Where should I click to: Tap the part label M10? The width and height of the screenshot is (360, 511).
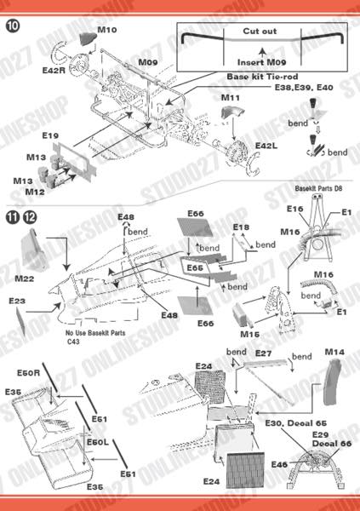pos(106,30)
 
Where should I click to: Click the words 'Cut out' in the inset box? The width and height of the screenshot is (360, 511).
pos(260,31)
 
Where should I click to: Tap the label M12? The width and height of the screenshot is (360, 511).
pos(35,192)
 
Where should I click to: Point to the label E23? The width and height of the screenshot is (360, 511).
pos(18,301)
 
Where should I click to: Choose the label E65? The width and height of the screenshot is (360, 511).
pos(196,268)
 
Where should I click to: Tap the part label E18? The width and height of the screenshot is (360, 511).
pos(241,227)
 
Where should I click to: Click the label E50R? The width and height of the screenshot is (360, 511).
pos(29,375)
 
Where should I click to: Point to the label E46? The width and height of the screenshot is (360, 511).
pos(278,464)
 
